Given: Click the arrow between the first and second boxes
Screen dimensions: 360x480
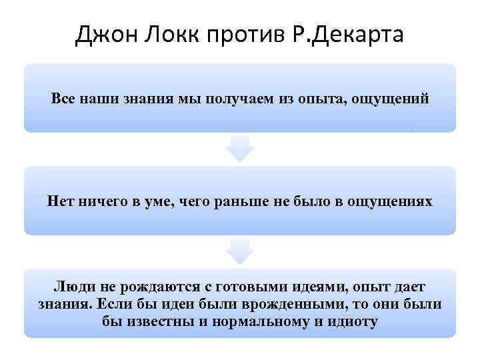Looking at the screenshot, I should pos(240,148).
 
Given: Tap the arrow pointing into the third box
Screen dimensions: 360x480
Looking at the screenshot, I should pos(240,251).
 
